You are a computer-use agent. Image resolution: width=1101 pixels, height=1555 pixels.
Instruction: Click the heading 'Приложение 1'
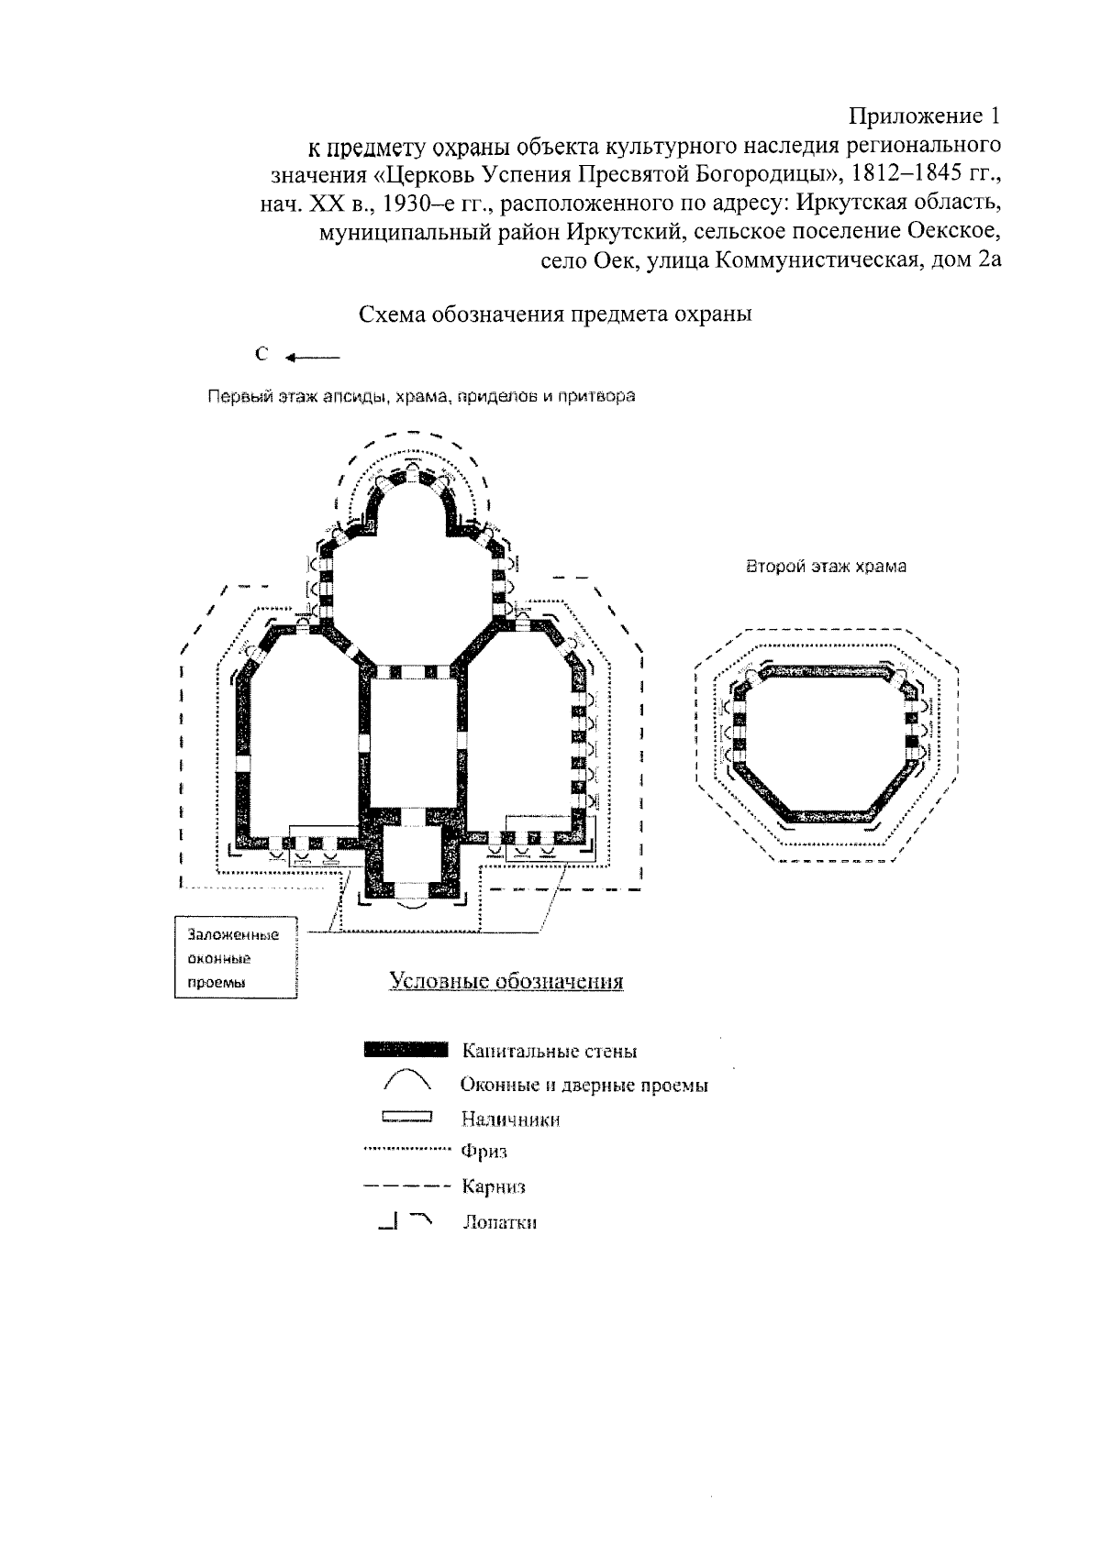(923, 117)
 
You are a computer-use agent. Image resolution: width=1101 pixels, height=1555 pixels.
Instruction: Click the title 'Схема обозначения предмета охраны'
(555, 314)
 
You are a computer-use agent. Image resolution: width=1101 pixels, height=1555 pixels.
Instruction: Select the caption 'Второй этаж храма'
(826, 567)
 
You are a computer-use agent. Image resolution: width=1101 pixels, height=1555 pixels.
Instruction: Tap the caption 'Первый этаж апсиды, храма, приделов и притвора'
(421, 397)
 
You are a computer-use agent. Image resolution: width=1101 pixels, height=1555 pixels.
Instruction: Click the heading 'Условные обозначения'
(506, 981)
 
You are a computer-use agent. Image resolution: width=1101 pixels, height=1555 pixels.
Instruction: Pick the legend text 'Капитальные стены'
(550, 1051)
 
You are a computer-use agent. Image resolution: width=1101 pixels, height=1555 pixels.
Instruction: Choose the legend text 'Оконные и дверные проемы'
(584, 1086)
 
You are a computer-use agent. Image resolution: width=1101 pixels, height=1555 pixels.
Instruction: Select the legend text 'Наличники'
(511, 1119)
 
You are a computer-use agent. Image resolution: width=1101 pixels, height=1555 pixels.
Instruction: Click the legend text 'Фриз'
(484, 1152)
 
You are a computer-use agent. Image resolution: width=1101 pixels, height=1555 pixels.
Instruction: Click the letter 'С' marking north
(261, 356)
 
